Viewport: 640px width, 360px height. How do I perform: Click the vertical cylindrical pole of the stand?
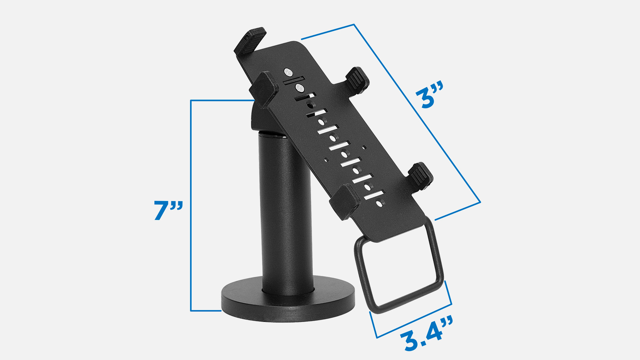point(286,213)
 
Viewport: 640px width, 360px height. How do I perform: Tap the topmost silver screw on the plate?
point(288,72)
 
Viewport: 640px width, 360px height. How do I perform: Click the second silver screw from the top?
point(299,88)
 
